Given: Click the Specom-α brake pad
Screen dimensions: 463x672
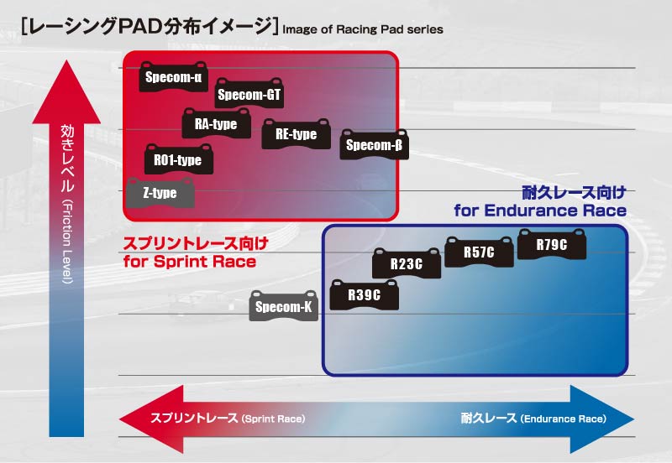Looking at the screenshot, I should click(x=174, y=77).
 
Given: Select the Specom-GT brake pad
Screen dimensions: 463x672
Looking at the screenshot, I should click(x=249, y=95).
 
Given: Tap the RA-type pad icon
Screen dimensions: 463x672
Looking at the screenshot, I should click(x=216, y=124).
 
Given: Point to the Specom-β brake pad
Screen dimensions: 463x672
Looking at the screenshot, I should click(x=374, y=145).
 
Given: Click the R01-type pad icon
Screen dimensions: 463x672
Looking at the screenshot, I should click(x=178, y=159).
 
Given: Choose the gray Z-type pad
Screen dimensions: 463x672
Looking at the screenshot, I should click(x=160, y=193).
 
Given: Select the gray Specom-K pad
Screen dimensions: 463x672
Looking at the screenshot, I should click(x=284, y=307).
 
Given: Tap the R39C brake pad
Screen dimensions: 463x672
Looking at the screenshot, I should click(x=365, y=294).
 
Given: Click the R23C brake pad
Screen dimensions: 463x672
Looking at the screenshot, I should click(x=407, y=264).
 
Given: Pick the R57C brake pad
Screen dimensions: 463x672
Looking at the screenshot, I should click(x=479, y=252).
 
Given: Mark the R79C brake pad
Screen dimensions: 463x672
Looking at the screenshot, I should click(x=552, y=244).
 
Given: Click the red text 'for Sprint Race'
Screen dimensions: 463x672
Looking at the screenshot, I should click(x=189, y=262).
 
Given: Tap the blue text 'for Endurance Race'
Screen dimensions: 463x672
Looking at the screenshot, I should click(x=540, y=211).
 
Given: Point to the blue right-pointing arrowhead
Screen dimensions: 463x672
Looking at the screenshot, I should click(x=592, y=418).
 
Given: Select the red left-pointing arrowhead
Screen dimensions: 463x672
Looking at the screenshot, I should click(x=143, y=418).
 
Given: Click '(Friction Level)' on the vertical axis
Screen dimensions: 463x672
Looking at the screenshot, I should click(x=66, y=243).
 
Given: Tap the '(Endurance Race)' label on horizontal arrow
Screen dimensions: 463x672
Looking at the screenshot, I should click(x=563, y=419).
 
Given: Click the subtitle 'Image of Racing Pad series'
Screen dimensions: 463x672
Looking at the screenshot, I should click(x=363, y=29).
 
